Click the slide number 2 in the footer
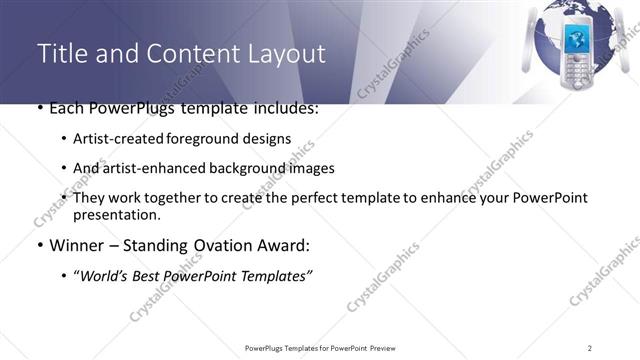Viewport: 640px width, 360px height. click(590, 347)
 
